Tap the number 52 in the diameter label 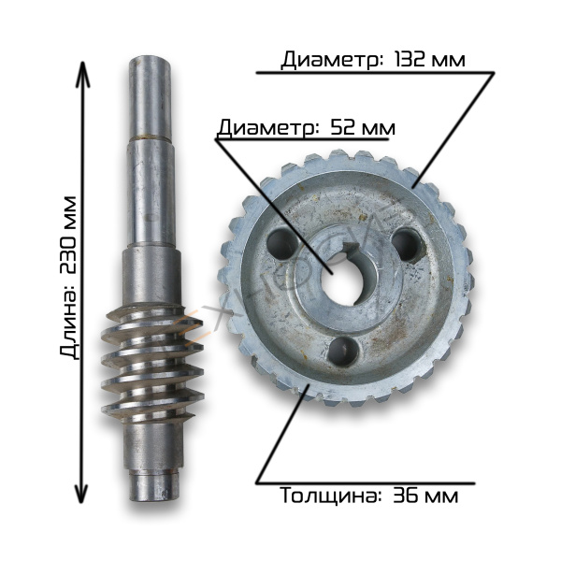tap(344, 127)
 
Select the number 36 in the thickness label tap(406, 496)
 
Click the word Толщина tap(328, 496)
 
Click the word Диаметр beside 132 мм tap(330, 61)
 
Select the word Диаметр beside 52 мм tap(267, 128)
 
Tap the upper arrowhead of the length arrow tap(82, 74)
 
